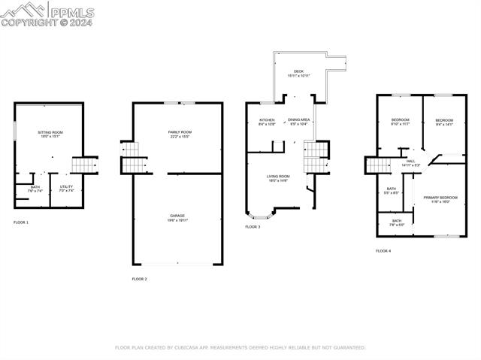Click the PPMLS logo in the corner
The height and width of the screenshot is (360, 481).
[47, 14]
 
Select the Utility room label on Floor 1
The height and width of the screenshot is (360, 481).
[67, 189]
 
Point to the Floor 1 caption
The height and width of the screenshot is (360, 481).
[21, 222]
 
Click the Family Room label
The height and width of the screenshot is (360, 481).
[180, 134]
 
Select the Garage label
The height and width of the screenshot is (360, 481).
[177, 218]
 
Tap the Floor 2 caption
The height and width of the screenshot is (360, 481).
[140, 279]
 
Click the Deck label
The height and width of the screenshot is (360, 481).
[298, 74]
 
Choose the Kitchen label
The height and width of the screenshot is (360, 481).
[267, 122]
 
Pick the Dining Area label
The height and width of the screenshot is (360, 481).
[299, 122]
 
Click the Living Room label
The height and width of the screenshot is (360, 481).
[279, 178]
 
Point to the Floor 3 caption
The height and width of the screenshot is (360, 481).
[253, 226]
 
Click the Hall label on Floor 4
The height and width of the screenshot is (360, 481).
[410, 162]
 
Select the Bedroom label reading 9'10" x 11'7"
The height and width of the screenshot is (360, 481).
[400, 122]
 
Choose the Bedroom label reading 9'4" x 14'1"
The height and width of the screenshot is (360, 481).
[445, 123]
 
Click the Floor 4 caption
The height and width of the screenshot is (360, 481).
[384, 250]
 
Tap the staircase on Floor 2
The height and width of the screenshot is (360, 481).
[131, 159]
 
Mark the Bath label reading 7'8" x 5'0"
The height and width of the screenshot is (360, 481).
[397, 222]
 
